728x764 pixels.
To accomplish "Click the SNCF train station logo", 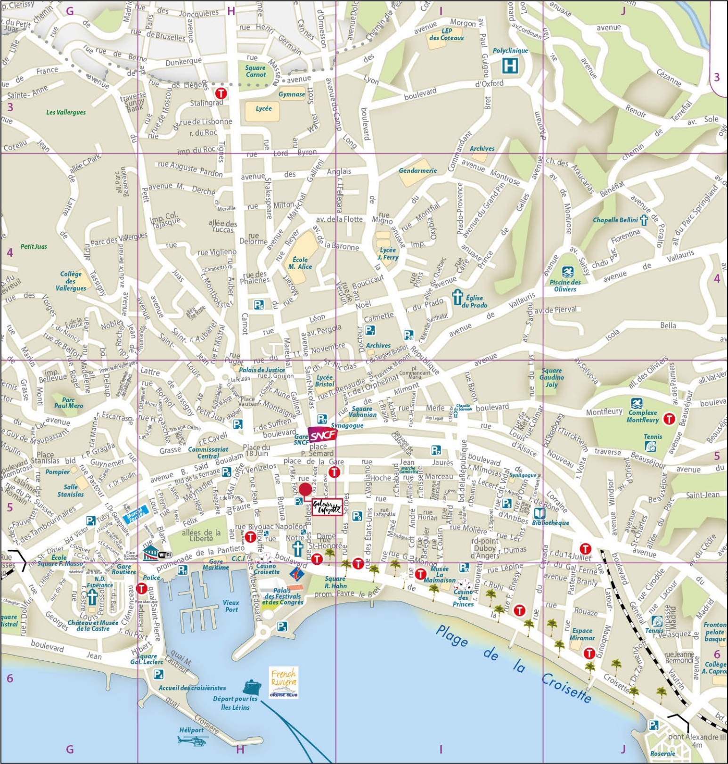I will coord(322,434).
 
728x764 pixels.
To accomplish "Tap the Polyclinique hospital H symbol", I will coord(510,65).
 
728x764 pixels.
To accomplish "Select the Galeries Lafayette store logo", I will coord(327,507).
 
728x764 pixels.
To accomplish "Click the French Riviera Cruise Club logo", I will coord(284,682).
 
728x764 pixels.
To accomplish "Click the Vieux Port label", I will coord(231,606).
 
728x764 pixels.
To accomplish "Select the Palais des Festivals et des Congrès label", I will coord(282,596).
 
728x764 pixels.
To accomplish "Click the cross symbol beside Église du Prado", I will coord(457,297).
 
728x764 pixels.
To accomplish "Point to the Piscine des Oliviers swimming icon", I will coord(568,272).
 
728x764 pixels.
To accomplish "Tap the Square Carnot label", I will coord(255,71).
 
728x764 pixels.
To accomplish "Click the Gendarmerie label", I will coord(417,171).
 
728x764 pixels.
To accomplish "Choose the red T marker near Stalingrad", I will coord(221,93).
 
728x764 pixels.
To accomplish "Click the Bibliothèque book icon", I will coord(540,513).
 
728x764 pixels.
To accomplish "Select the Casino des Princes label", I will coord(463,598).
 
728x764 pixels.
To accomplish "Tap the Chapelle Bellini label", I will coord(615,220).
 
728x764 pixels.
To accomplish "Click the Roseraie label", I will coord(662,754).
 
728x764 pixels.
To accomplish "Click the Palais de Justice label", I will coord(262,370).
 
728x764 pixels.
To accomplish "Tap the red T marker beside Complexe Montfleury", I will coord(669,418).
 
